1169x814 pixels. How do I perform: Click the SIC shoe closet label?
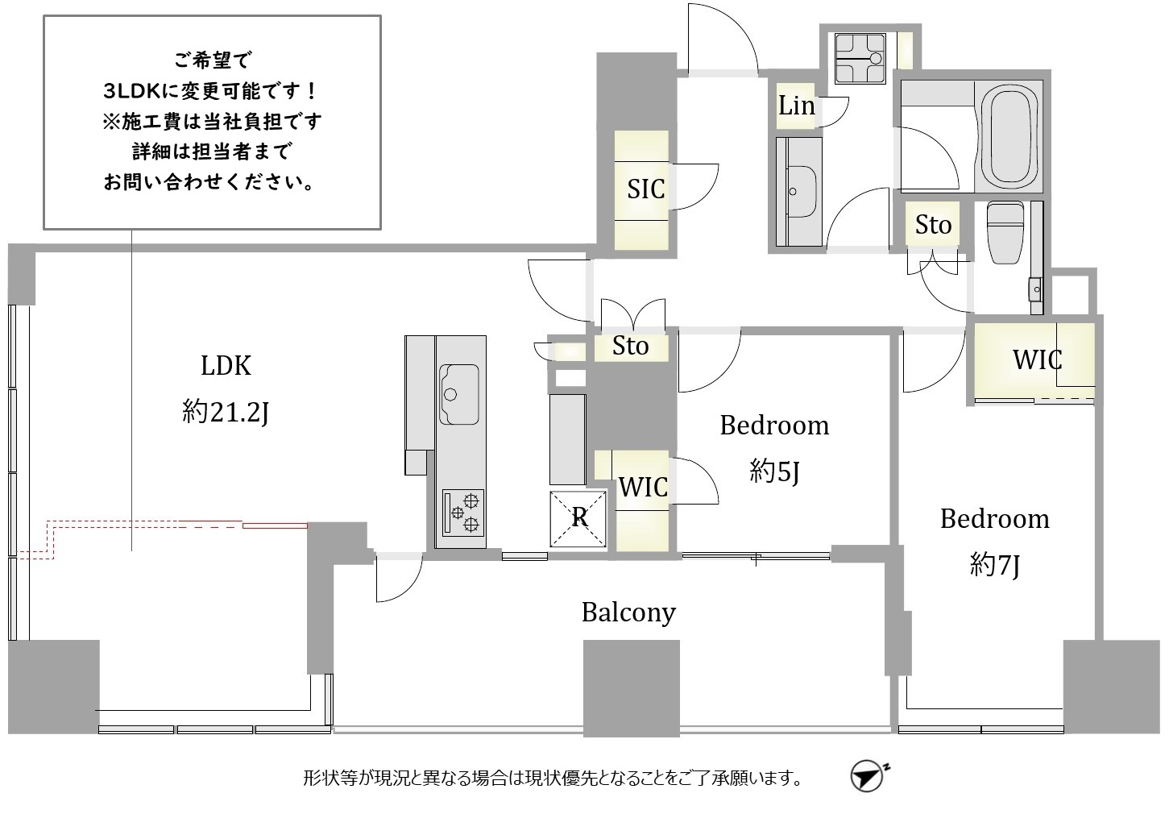pos(646,189)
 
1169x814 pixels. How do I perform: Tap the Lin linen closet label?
pos(796,106)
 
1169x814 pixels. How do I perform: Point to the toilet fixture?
pos(1005,232)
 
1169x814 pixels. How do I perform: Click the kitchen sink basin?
pos(459,395)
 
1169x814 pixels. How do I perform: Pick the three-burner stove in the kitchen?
pos(463,513)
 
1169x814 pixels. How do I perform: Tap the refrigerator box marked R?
pos(578,519)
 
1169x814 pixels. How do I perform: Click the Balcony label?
pos(628,613)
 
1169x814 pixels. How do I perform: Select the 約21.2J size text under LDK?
pos(226,413)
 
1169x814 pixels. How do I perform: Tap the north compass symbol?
pos(868,776)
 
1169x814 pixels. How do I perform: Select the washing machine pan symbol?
pos(860,59)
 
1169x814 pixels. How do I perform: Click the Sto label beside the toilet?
pos(933,225)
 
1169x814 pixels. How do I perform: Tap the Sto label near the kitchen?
pos(631,346)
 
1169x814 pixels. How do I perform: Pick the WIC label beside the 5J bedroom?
pos(643,487)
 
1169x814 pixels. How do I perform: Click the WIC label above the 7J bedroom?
pos(1037,359)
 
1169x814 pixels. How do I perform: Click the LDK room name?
pos(226,366)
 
